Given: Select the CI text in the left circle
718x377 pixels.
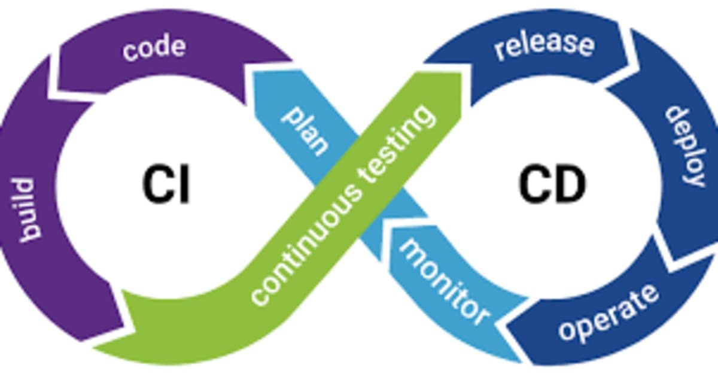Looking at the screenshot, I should click(x=166, y=184).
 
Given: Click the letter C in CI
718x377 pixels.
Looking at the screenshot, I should click(x=155, y=184).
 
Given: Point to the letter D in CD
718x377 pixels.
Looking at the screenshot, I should click(x=568, y=184).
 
